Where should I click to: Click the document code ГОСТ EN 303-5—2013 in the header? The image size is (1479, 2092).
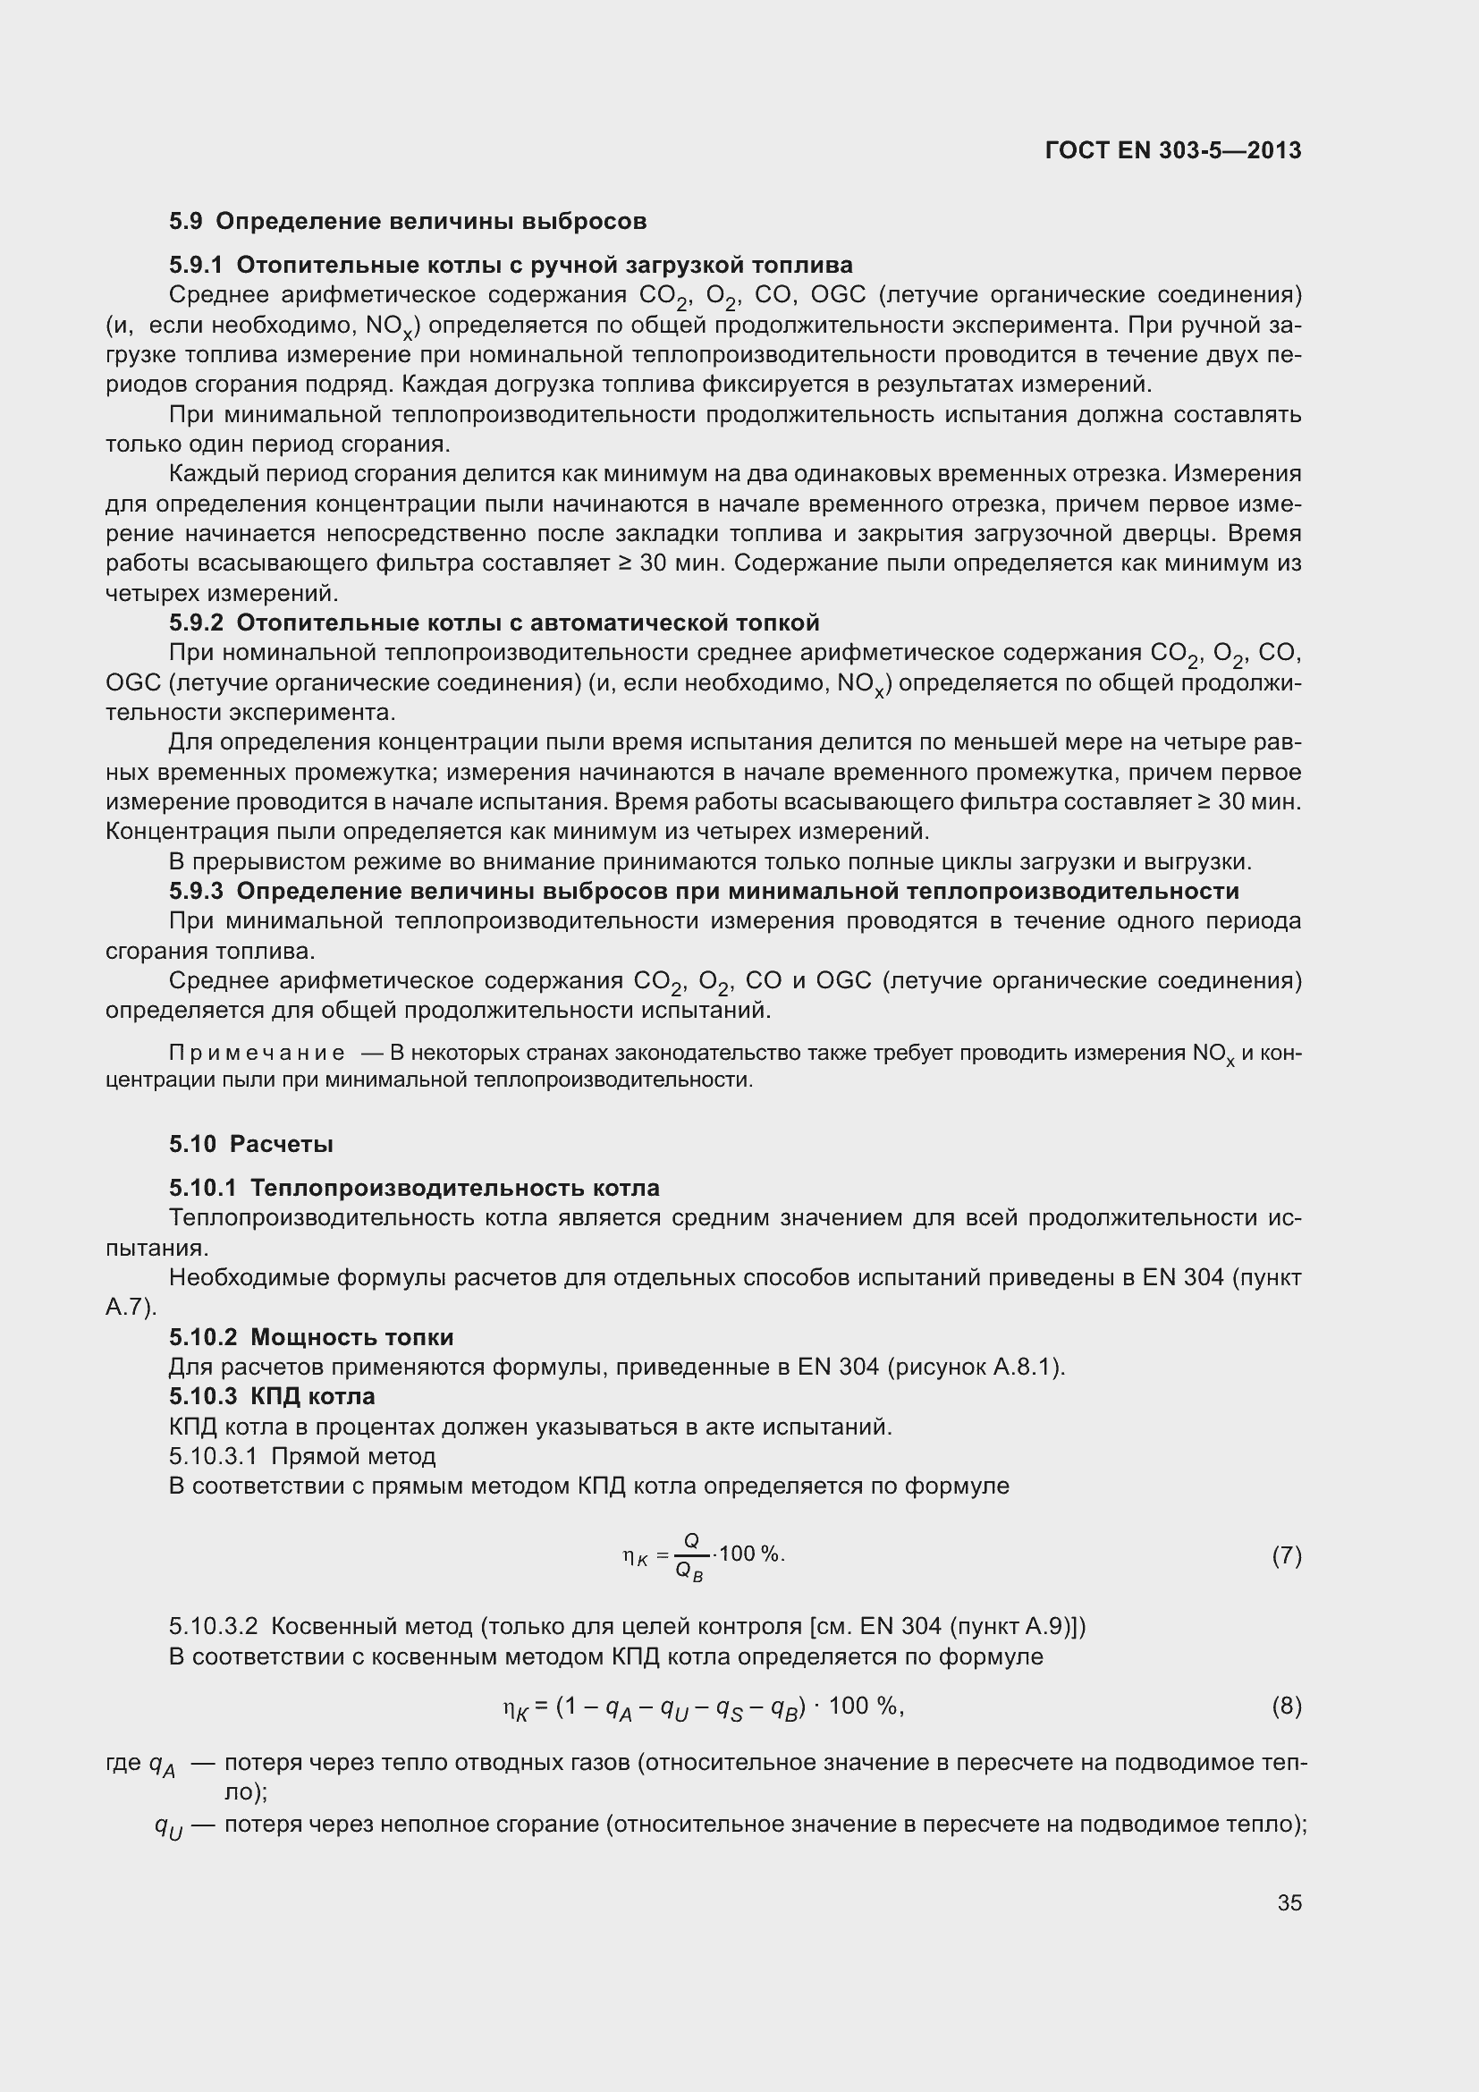pyautogui.click(x=1173, y=150)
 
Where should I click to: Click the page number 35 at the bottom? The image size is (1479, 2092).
pyautogui.click(x=1289, y=1902)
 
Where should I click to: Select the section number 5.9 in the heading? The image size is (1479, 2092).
pyautogui.click(x=186, y=222)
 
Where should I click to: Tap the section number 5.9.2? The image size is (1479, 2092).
pyautogui.click(x=196, y=623)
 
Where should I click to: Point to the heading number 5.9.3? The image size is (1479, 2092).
pyautogui.click(x=196, y=891)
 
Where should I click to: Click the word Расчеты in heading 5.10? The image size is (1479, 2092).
pyautogui.click(x=282, y=1145)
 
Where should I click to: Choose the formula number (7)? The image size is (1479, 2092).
pyautogui.click(x=1286, y=1556)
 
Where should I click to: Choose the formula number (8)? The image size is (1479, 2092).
pyautogui.click(x=1286, y=1706)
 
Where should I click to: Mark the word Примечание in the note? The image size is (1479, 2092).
pyautogui.click(x=257, y=1054)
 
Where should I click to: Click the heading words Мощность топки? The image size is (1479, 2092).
pyautogui.click(x=351, y=1337)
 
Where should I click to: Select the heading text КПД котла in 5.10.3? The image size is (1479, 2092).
pyautogui.click(x=312, y=1397)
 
